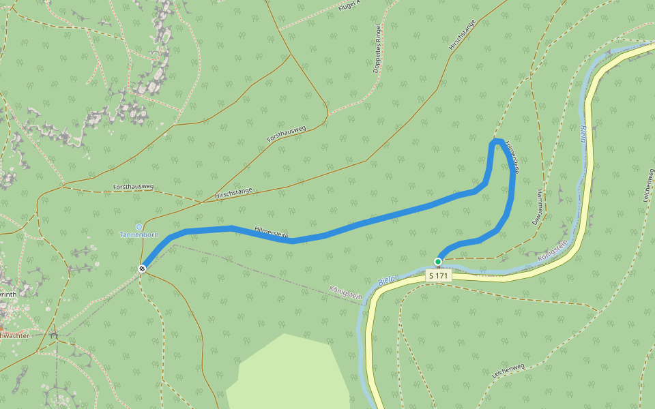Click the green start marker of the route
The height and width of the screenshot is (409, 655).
click(438, 261)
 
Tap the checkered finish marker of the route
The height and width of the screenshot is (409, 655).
click(142, 269)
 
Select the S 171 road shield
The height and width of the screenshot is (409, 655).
click(438, 275)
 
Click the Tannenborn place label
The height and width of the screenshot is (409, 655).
click(139, 234)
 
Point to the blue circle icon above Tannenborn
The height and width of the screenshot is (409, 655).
click(139, 226)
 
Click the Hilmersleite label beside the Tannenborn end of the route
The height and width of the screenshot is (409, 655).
click(272, 232)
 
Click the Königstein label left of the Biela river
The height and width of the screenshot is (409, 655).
click(345, 292)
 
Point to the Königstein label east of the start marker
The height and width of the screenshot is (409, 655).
click(553, 252)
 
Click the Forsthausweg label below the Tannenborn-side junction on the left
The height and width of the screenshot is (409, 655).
click(133, 187)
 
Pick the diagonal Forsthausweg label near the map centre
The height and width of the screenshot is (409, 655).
click(287, 134)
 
